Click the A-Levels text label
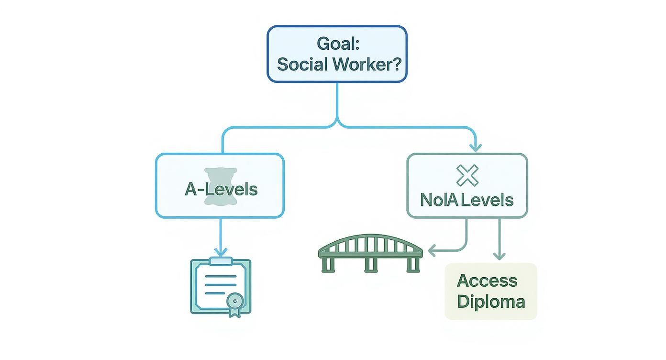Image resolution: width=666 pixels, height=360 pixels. tap(221, 189)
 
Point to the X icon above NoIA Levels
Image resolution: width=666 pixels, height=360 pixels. tap(467, 175)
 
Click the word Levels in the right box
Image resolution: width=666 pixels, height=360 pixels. tap(487, 200)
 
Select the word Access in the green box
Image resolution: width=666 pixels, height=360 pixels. tap(487, 281)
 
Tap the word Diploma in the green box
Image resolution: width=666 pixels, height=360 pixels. tap(491, 302)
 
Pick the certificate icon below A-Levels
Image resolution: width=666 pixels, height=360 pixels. tap(221, 286)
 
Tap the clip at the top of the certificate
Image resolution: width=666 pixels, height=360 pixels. tap(221, 261)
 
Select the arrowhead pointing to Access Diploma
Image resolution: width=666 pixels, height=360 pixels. tap(499, 256)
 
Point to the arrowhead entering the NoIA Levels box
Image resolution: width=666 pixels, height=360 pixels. tap(475, 147)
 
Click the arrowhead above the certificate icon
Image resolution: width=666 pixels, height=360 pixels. tap(221, 251)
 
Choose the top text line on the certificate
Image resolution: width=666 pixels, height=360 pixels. tap(221, 277)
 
